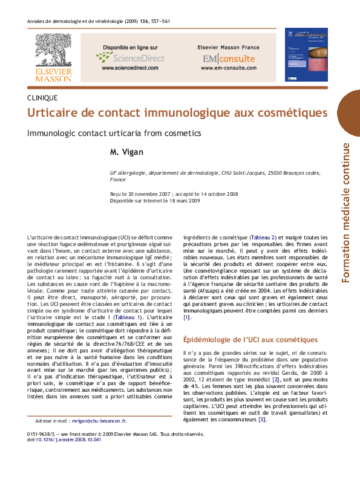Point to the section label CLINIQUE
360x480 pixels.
tap(43, 97)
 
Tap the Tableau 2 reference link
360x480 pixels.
tap(264, 237)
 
